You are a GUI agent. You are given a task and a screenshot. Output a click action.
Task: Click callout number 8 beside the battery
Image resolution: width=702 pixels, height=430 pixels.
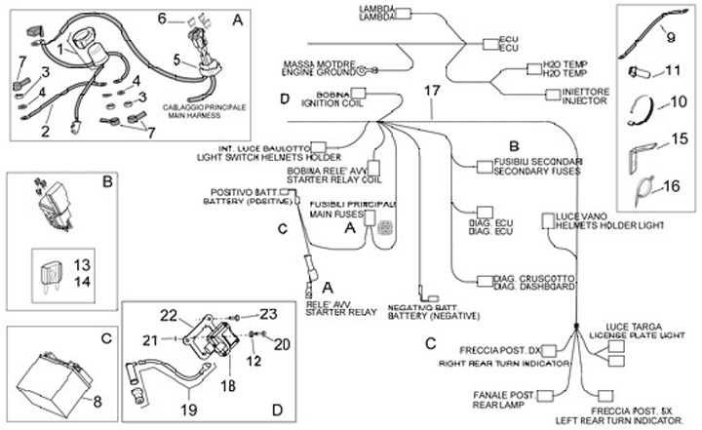click(96, 401)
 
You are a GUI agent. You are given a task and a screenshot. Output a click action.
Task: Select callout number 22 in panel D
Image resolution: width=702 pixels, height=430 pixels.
click(169, 315)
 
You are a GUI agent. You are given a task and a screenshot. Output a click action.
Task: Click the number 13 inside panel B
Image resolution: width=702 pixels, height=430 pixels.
click(81, 264)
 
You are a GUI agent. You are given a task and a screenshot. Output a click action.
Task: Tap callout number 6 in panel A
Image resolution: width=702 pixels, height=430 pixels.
click(164, 18)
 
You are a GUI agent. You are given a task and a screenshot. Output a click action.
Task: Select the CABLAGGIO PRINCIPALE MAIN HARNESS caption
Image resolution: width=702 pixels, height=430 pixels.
click(205, 110)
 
